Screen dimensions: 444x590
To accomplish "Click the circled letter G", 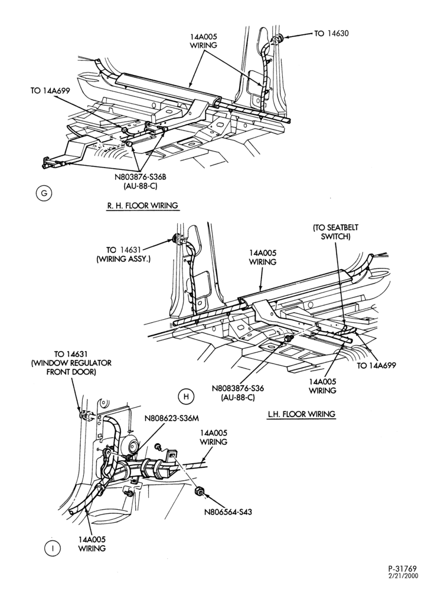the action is tap(44, 194).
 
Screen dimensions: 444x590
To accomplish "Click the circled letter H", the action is tap(186, 396).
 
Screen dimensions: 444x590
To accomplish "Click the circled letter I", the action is tap(53, 549).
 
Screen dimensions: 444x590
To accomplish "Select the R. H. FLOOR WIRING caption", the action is tap(142, 205).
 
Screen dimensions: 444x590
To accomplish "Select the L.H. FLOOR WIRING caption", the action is tap(301, 414).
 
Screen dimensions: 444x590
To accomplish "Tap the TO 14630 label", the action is tap(331, 34).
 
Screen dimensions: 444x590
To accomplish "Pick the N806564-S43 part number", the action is tap(228, 512).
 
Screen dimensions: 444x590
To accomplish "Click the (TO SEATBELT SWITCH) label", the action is tap(335, 232).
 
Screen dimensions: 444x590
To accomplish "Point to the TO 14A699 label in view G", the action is tap(50, 91).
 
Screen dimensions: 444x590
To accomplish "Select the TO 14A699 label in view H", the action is tap(376, 365).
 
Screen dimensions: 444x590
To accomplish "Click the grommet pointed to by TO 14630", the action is tap(279, 38).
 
